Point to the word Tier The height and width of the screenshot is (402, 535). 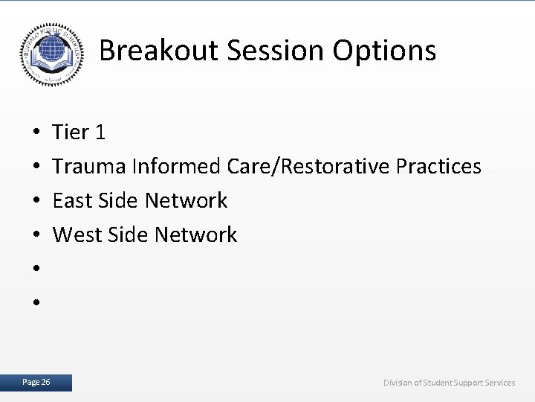coord(71,133)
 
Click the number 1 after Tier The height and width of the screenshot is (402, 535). coord(100,133)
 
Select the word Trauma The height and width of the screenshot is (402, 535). coord(90,166)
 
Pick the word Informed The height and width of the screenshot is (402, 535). coord(176,166)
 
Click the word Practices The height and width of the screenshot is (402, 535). coord(439,166)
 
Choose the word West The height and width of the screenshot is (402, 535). coord(75,234)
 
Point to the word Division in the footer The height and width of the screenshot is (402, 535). coord(400,383)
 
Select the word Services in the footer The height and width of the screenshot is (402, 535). coord(498,383)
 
